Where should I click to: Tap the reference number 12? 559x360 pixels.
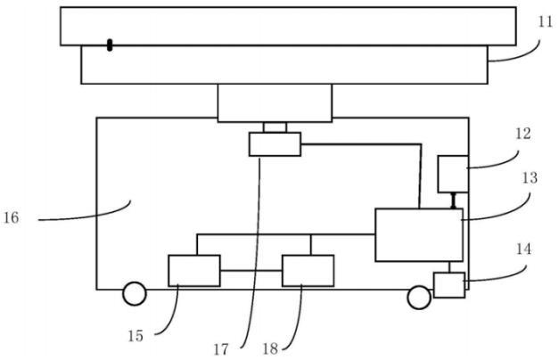(523, 134)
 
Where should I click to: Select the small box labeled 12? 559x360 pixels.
(453, 173)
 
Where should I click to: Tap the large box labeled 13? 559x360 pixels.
(418, 234)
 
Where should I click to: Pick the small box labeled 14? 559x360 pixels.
(449, 285)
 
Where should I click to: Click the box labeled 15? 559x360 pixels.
(194, 270)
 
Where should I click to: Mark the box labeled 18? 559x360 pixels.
(308, 270)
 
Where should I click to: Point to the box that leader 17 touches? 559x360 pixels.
(275, 143)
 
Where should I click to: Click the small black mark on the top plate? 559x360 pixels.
(110, 45)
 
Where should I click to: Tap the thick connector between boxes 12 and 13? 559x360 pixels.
(454, 200)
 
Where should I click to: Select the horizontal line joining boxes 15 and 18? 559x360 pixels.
(251, 270)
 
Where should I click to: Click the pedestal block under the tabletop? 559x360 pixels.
(275, 102)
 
